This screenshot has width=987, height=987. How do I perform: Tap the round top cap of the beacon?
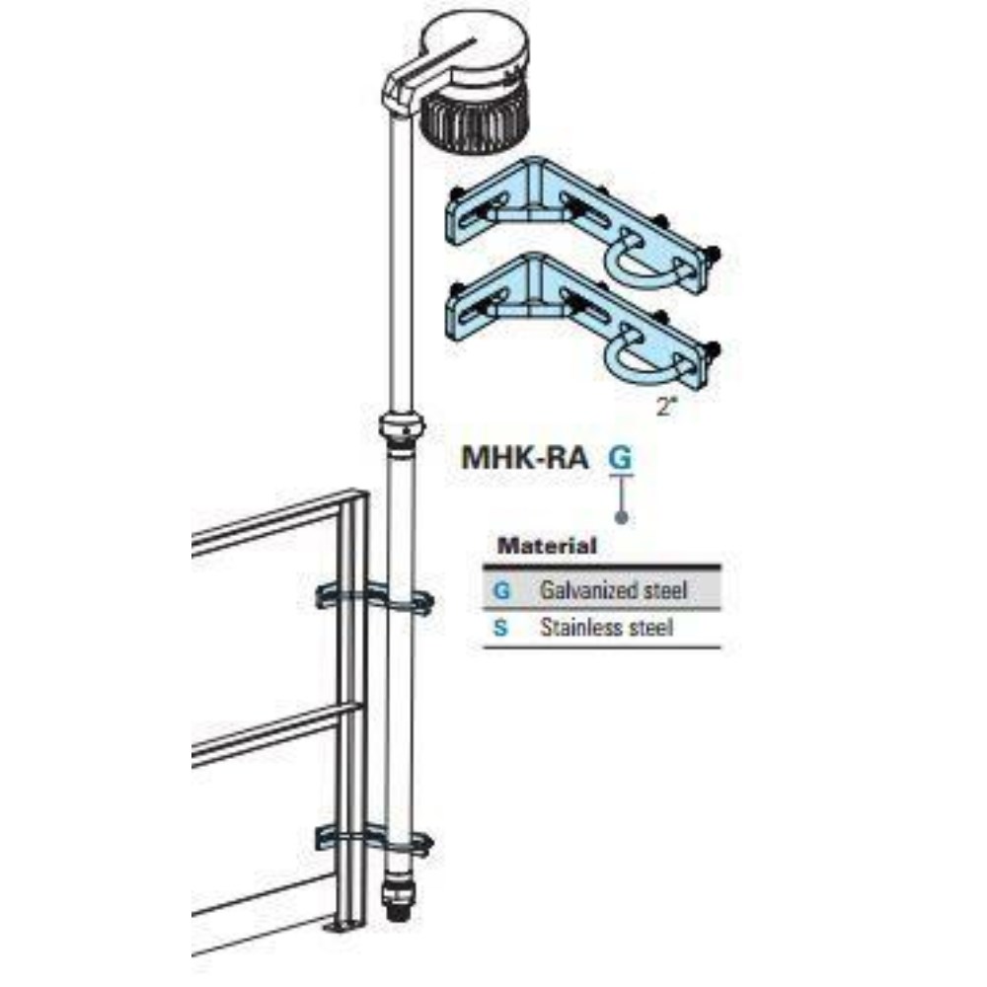[x=479, y=51]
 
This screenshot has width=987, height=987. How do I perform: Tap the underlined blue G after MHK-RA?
[x=620, y=458]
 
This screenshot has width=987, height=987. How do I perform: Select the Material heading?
[x=547, y=544]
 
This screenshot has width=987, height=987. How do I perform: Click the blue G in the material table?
[x=501, y=591]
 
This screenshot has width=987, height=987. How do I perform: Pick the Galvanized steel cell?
[x=613, y=591]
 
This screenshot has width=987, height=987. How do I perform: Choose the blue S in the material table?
[x=501, y=627]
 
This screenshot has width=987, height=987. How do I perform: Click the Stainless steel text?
[x=606, y=627]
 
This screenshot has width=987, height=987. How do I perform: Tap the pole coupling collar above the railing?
[x=401, y=428]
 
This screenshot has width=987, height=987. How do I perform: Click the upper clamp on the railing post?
[x=375, y=598]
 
